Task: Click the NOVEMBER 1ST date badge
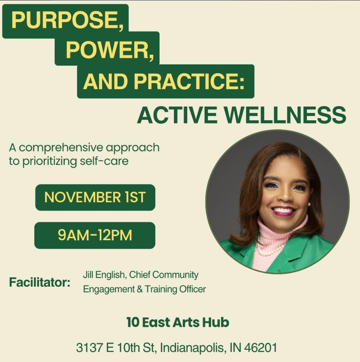point(95,197)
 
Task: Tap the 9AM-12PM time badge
point(95,235)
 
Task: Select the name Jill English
point(103,275)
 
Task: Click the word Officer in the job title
point(192,289)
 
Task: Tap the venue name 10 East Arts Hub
point(177,323)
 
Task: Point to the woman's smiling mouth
point(284,211)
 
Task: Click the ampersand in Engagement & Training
point(139,289)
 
